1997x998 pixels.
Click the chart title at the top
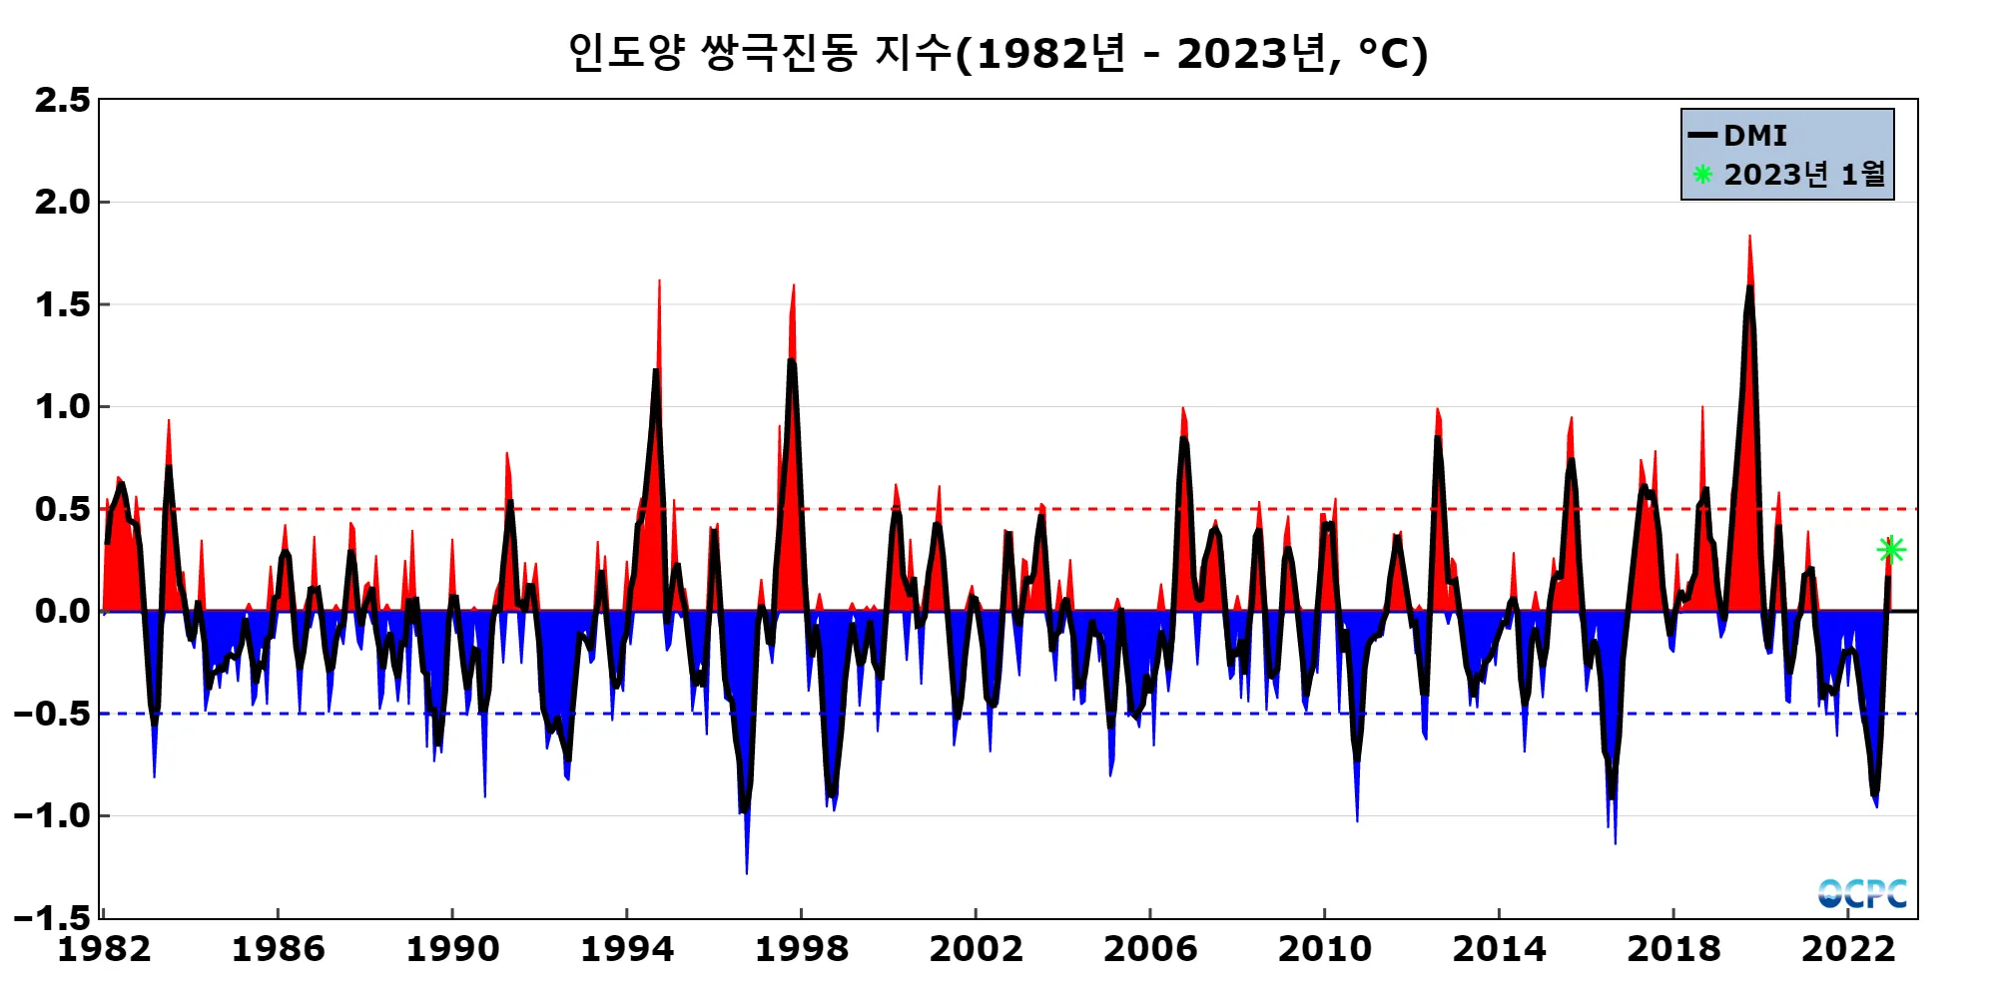tap(998, 53)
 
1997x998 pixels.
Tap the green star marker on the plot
tap(1891, 550)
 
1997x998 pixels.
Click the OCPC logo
tap(1862, 893)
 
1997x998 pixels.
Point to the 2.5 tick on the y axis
tap(62, 100)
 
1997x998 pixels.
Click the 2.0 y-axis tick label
tap(62, 202)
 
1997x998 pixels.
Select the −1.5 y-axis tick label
tap(52, 917)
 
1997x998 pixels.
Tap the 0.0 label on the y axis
tap(62, 611)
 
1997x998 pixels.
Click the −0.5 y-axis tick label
tap(52, 714)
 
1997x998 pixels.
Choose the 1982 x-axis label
tap(104, 948)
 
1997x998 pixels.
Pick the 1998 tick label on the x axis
tap(801, 948)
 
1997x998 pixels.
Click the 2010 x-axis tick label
tap(1324, 948)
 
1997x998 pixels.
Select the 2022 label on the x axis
tap(1847, 948)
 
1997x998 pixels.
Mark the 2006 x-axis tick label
tap(1149, 948)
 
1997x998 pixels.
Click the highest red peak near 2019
tap(1749, 237)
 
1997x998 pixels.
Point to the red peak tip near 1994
tap(659, 281)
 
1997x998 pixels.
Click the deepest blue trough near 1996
tap(747, 872)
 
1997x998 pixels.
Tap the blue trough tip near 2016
tap(1615, 842)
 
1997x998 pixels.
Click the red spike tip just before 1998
tap(794, 285)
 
